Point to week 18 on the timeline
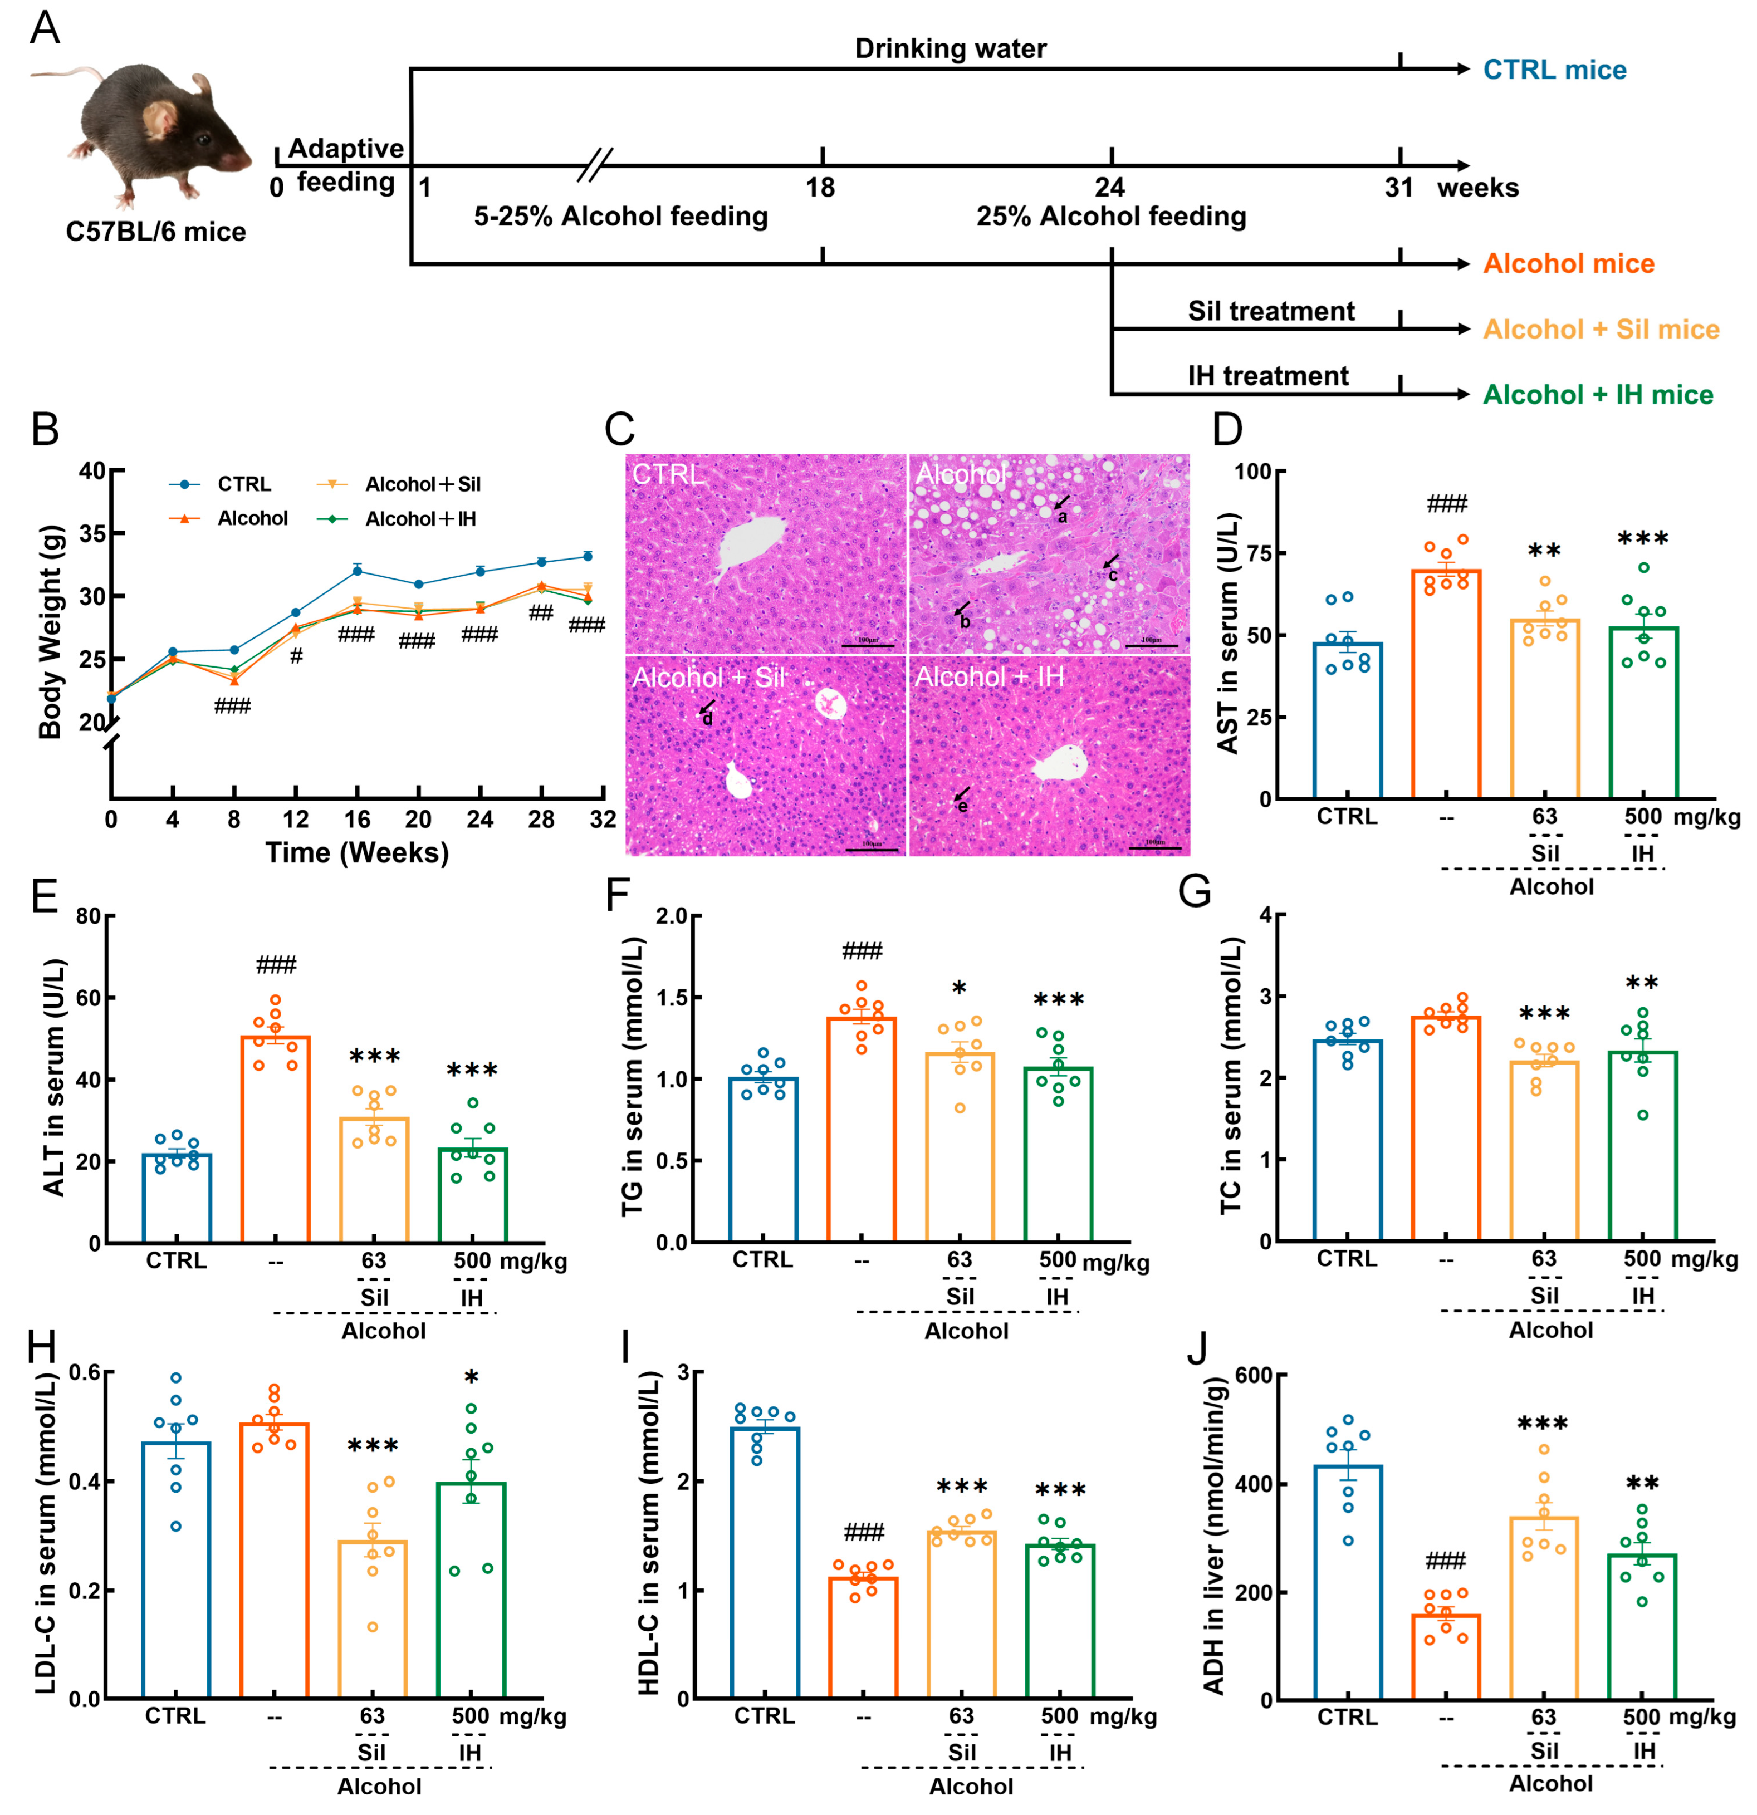821,188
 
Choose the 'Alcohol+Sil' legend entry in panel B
422,484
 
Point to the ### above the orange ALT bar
276,966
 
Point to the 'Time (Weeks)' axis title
356,853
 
